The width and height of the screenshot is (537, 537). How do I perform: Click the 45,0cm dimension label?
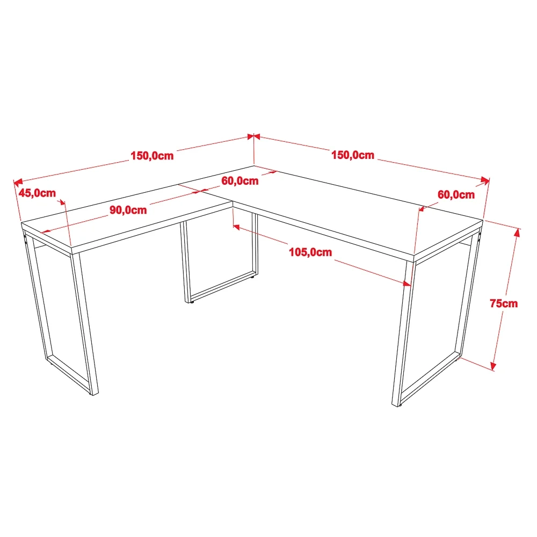pyautogui.click(x=37, y=193)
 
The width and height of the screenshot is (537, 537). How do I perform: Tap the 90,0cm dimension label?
pyautogui.click(x=128, y=210)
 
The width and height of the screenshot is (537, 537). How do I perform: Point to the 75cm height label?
pyautogui.click(x=503, y=303)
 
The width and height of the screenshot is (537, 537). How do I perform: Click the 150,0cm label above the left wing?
pyautogui.click(x=152, y=156)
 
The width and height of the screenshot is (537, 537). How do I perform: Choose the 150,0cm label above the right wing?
pyautogui.click(x=353, y=155)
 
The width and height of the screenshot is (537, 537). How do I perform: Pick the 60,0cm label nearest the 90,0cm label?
pyautogui.click(x=240, y=181)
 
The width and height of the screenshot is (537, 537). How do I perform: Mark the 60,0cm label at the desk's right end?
pyautogui.click(x=456, y=194)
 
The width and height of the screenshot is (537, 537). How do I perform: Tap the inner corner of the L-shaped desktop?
pyautogui.click(x=233, y=202)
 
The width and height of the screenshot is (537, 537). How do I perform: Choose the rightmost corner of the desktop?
pyautogui.click(x=483, y=220)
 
